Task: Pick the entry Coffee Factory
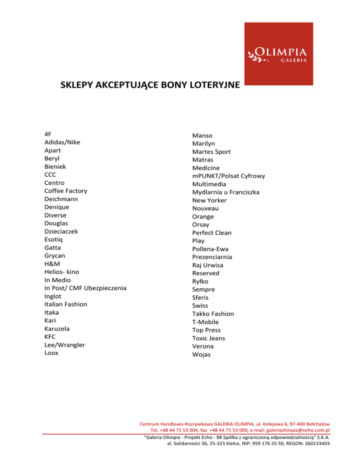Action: pyautogui.click(x=66, y=191)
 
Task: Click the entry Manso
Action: pyautogui.click(x=202, y=135)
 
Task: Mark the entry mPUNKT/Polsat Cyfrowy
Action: pyautogui.click(x=228, y=176)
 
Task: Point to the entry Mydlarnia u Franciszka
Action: pyautogui.click(x=226, y=192)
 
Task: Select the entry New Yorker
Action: pyautogui.click(x=209, y=200)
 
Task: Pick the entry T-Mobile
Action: pyautogui.click(x=205, y=322)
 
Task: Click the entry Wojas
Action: pyautogui.click(x=202, y=354)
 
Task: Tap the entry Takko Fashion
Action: pyautogui.click(x=212, y=314)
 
